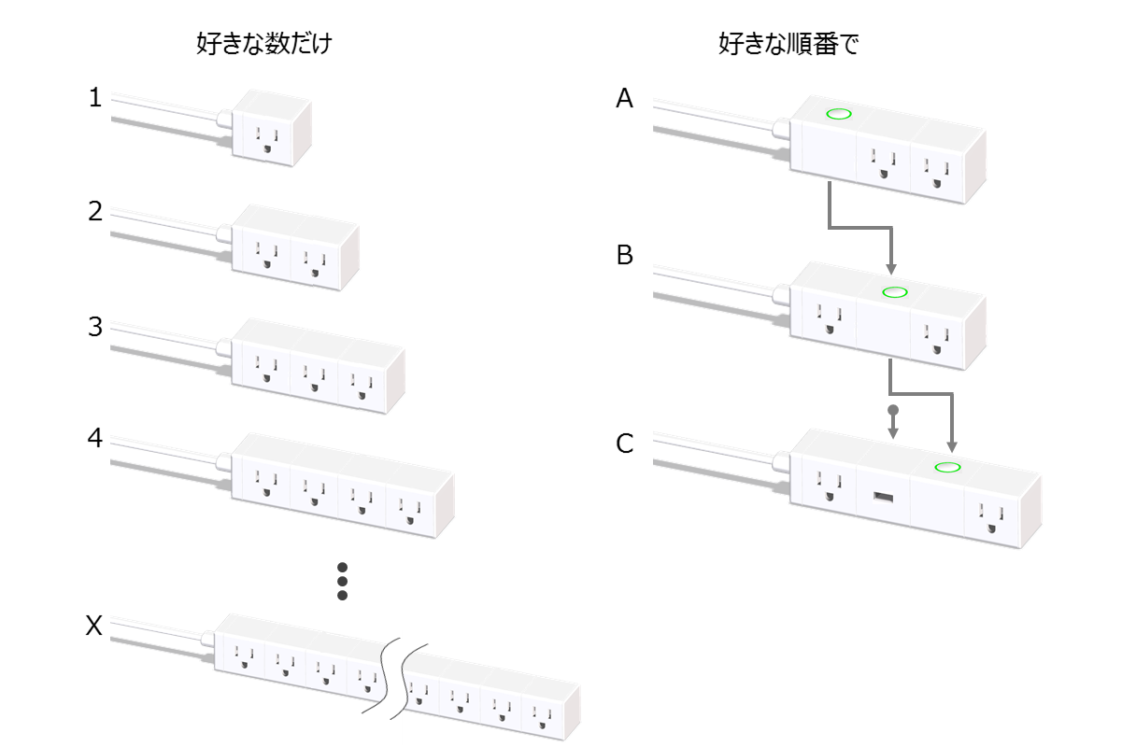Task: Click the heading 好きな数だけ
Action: point(264,44)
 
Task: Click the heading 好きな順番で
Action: point(788,44)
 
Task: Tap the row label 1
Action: point(94,97)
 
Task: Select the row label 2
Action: point(94,211)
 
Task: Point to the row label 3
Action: point(94,327)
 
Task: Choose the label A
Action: point(625,98)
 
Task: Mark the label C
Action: point(625,444)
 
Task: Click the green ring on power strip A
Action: point(839,115)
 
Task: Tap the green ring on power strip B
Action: point(895,292)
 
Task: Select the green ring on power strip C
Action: point(949,467)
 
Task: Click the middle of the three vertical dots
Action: point(342,581)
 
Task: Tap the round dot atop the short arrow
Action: point(893,411)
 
